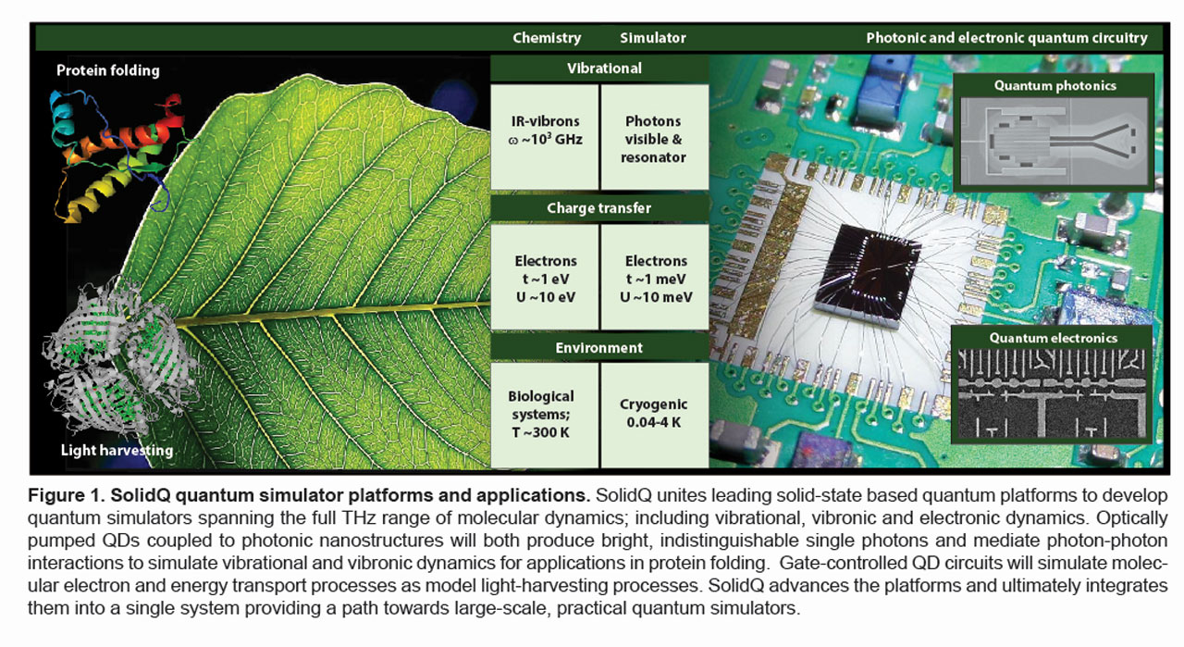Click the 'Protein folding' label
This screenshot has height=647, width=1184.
pos(108,70)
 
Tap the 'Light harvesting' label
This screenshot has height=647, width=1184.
pos(117,450)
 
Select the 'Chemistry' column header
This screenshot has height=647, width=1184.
pos(547,38)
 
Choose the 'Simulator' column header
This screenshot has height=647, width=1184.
pos(653,38)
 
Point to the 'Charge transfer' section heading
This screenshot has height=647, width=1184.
pos(598,208)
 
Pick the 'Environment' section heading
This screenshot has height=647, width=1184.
pos(598,348)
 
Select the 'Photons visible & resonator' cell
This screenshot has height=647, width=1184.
pos(654,139)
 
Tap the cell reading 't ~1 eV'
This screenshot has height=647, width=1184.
pos(545,279)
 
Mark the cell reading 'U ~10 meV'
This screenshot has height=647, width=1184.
pos(655,296)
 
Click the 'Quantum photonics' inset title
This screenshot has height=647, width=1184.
pos(1054,86)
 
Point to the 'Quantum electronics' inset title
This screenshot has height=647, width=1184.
pos(1053,338)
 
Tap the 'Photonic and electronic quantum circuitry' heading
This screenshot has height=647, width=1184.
pos(1006,38)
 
